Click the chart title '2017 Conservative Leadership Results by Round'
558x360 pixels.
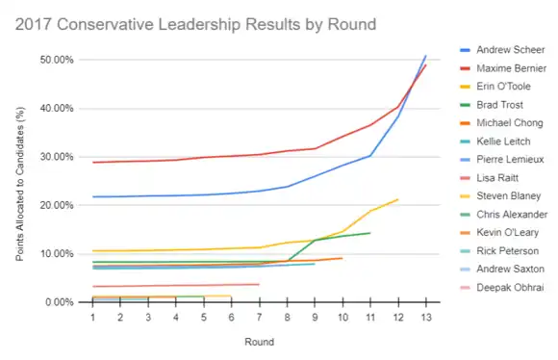point(195,25)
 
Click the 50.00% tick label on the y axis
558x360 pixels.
point(57,60)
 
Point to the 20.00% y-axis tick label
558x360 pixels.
point(57,205)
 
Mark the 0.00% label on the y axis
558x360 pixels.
point(60,302)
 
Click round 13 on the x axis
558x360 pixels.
point(426,318)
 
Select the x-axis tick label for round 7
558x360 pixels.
point(260,318)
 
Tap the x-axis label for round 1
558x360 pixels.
point(93,318)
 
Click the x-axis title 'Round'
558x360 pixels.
point(260,343)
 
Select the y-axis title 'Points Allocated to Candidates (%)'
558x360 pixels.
point(20,184)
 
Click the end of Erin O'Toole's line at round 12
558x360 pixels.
point(398,199)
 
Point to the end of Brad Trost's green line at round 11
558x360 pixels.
point(370,233)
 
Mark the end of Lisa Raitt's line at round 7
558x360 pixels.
point(259,284)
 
